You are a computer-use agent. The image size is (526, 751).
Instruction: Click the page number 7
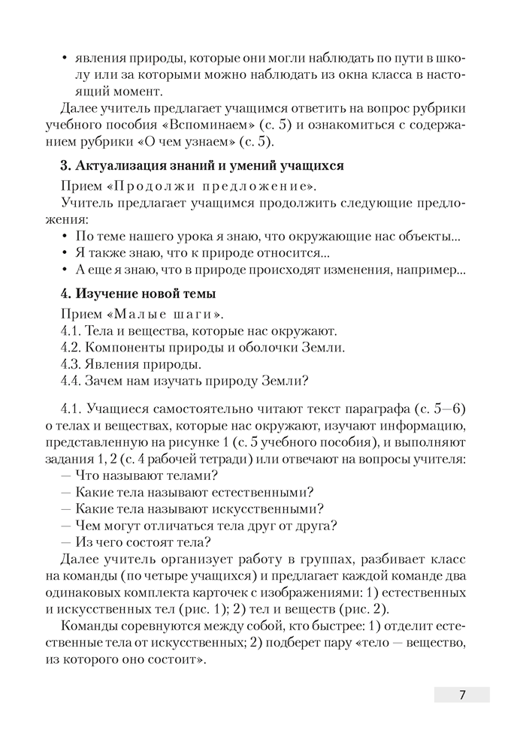[461, 695]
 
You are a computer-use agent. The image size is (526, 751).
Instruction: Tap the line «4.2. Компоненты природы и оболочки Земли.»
[201, 347]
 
